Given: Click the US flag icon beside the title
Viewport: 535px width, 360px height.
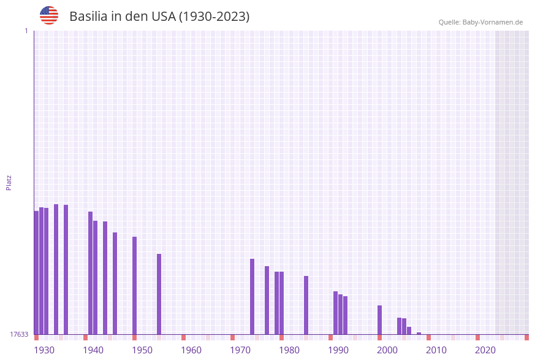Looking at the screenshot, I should tap(49, 15).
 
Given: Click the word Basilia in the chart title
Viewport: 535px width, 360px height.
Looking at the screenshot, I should tap(89, 17).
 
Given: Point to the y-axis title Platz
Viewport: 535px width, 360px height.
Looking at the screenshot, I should tap(9, 182).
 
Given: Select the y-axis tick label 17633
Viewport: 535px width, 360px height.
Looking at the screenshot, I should tap(19, 334).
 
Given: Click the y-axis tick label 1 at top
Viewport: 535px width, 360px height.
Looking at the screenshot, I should tap(26, 31).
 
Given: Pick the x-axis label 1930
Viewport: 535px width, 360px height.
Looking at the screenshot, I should tap(44, 350).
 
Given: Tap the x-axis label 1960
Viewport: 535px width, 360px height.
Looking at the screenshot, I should tap(191, 350).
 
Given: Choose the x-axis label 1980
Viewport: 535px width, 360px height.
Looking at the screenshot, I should tap(289, 350).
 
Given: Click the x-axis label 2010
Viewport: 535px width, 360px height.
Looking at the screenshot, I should tap(436, 350).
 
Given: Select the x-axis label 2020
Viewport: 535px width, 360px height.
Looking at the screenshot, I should tap(485, 350).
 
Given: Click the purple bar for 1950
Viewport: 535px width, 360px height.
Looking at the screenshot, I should tap(134, 285).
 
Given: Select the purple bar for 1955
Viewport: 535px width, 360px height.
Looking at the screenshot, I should tap(159, 294).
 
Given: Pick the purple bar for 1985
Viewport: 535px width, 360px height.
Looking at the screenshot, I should tap(306, 305).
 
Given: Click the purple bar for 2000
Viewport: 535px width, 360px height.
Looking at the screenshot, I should tap(379, 320).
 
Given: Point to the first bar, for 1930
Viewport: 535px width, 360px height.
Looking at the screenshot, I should tap(36, 272).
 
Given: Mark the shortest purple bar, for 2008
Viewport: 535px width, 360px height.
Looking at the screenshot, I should tap(419, 333).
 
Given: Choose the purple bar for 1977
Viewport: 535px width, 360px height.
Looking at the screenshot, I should tap(267, 300).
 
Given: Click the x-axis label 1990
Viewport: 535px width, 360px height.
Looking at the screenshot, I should tap(338, 350).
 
